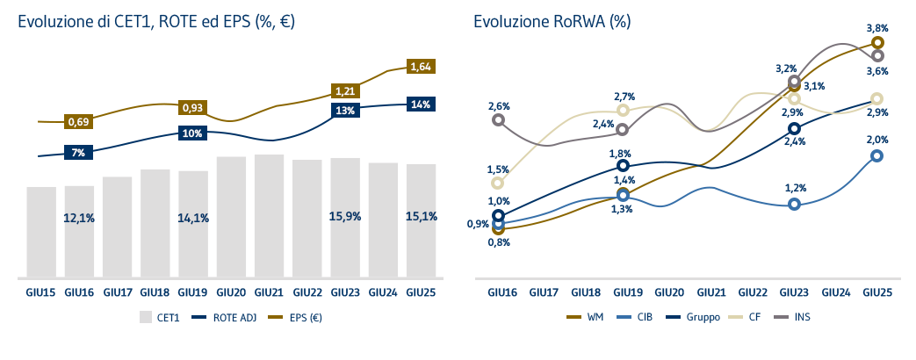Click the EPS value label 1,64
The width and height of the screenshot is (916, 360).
(422, 66)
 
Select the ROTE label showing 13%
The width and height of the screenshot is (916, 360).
(345, 111)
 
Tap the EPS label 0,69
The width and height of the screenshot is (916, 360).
(78, 121)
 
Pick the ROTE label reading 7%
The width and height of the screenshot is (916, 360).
(78, 153)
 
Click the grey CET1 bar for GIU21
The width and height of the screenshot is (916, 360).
(269, 215)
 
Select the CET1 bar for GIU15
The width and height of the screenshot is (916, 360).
(41, 230)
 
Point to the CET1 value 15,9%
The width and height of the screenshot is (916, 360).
(345, 216)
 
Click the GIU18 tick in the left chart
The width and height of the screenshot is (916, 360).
(155, 291)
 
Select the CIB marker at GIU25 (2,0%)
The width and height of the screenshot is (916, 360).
(876, 156)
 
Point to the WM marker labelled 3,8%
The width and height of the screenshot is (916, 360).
(876, 42)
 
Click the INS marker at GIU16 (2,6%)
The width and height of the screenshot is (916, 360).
(499, 119)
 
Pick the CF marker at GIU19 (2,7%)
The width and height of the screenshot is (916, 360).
(623, 110)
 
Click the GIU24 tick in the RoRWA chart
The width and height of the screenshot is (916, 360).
(834, 291)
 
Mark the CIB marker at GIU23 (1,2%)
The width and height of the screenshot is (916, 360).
(794, 205)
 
